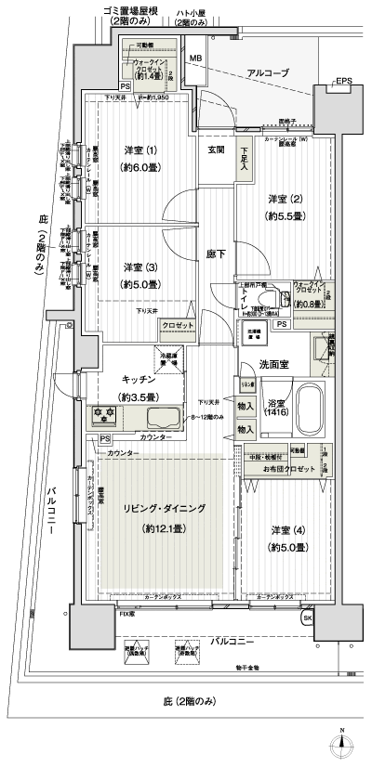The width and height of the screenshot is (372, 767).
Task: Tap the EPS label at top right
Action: pyautogui.click(x=344, y=81)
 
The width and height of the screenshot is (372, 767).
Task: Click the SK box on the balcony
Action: pyautogui.click(x=308, y=619)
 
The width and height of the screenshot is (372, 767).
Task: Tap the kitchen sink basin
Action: pyautogui.click(x=140, y=415)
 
